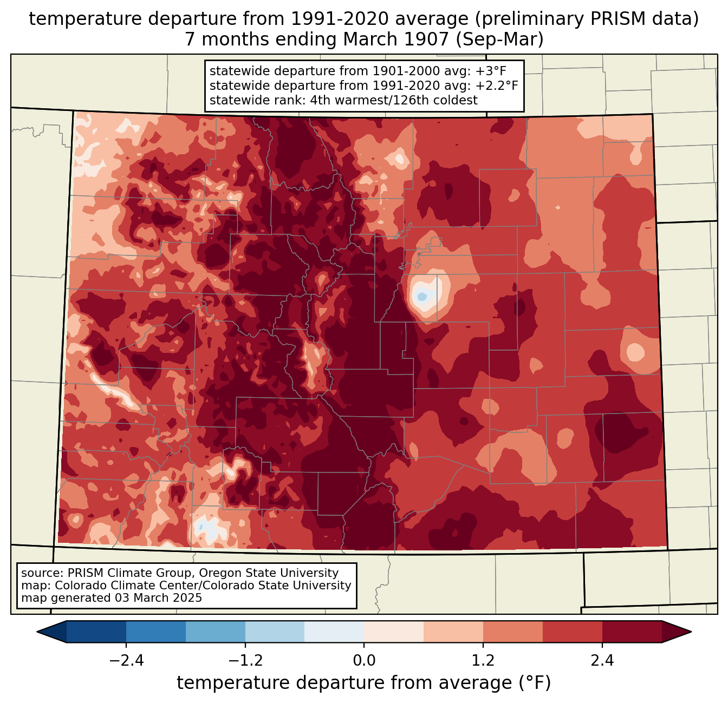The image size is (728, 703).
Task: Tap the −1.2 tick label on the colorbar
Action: point(245,661)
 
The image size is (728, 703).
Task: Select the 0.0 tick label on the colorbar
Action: point(364,661)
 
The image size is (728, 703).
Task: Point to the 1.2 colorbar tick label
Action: point(483,661)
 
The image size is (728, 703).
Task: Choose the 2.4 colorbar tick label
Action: point(602,661)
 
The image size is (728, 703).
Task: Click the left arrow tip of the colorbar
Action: point(38,632)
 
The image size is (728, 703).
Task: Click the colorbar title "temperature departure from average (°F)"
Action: point(364,683)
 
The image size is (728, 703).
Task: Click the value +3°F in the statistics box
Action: point(490,71)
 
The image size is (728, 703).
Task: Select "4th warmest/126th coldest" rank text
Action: point(394,100)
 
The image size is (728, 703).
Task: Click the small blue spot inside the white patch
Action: point(421,297)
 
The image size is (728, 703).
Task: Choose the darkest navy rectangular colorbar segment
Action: point(96,632)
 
